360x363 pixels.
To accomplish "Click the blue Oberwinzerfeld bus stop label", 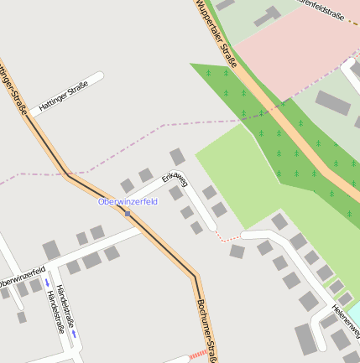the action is pyautogui.click(x=128, y=202).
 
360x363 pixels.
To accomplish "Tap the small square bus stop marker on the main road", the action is pyautogui.click(x=128, y=213).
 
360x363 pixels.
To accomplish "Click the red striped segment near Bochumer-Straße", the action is pyautogui.click(x=198, y=355).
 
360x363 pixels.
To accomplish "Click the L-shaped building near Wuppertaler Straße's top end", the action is pyautogui.click(x=267, y=17).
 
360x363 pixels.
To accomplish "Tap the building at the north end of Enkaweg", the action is pyautogui.click(x=177, y=156).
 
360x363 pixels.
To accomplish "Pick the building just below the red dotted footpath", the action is pyautogui.click(x=237, y=252).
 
